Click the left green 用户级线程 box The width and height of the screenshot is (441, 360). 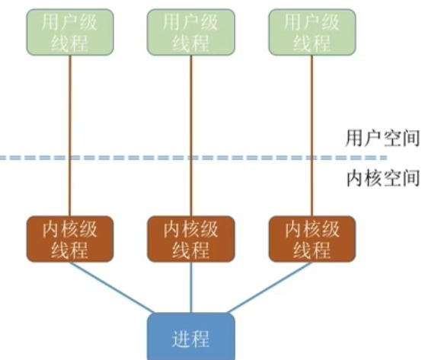pyautogui.click(x=70, y=32)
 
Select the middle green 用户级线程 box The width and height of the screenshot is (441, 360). pyautogui.click(x=190, y=32)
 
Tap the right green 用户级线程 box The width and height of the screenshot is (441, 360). pyautogui.click(x=312, y=32)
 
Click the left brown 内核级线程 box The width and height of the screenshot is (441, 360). pyautogui.click(x=70, y=238)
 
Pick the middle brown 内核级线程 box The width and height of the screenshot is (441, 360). pyautogui.click(x=190, y=238)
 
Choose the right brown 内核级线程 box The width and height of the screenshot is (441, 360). pyautogui.click(x=312, y=238)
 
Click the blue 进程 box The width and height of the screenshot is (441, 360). pyautogui.click(x=190, y=336)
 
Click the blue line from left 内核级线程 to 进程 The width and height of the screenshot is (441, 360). pyautogui.click(x=114, y=287)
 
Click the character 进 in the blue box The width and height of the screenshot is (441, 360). pyautogui.click(x=181, y=338)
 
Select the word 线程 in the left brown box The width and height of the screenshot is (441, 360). pyautogui.click(x=70, y=250)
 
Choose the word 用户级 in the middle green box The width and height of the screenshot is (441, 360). pyautogui.click(x=190, y=21)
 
